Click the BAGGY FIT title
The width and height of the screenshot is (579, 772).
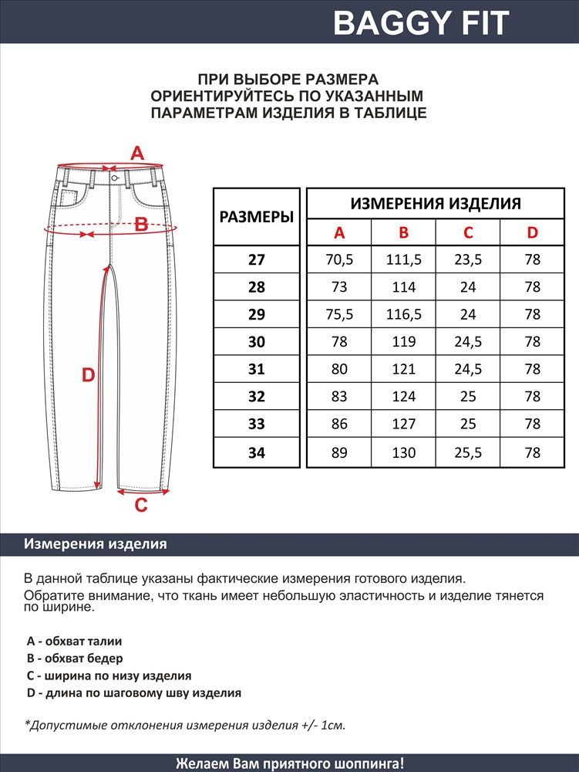[x=421, y=23]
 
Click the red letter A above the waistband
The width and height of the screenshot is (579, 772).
[x=136, y=154]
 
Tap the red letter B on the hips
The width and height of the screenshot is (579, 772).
[x=141, y=225]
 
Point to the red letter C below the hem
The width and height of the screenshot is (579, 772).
[x=141, y=506]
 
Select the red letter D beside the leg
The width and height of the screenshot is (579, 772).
[x=89, y=376]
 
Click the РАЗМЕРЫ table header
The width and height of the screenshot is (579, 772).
[x=257, y=217]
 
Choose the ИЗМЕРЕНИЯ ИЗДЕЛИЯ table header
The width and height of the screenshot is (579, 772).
[x=436, y=204]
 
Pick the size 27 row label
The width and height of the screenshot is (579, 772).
[x=257, y=260]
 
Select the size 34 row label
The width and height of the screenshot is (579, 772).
[x=257, y=453]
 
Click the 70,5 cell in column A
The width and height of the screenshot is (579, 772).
[x=339, y=260]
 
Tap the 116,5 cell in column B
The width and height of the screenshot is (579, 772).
[x=403, y=314]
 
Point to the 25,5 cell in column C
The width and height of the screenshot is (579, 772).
[x=468, y=453]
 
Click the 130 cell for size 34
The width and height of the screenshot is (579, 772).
[x=403, y=453]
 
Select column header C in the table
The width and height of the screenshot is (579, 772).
[x=468, y=233]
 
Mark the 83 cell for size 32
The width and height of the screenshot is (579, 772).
[x=339, y=397]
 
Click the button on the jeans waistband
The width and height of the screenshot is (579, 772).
[x=114, y=178]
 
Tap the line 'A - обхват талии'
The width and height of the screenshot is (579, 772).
[x=74, y=641]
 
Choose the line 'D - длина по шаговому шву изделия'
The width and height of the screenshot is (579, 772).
[x=133, y=693]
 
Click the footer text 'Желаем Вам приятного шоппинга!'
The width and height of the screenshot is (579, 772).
[x=289, y=764]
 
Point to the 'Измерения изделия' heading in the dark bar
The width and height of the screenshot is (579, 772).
[x=96, y=544]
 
